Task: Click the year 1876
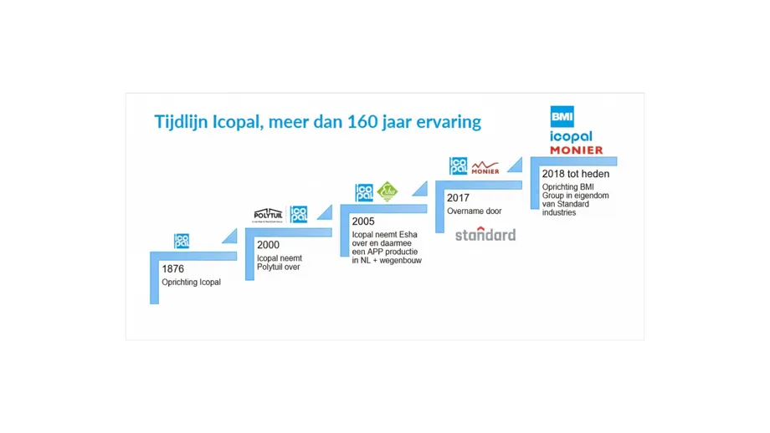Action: point(173,269)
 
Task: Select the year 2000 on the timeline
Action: point(268,246)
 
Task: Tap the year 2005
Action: point(363,222)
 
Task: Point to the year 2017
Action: point(458,198)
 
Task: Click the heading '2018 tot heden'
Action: point(576,174)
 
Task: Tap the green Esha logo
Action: point(388,192)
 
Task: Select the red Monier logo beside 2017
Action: point(485,167)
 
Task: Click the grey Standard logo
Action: point(485,234)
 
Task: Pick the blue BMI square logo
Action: point(562,116)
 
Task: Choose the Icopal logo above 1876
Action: point(182,241)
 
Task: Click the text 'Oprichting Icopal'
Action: point(192,283)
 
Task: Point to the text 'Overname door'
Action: point(475,211)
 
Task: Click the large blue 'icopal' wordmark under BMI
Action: point(571,136)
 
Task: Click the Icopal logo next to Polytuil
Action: point(299,214)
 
